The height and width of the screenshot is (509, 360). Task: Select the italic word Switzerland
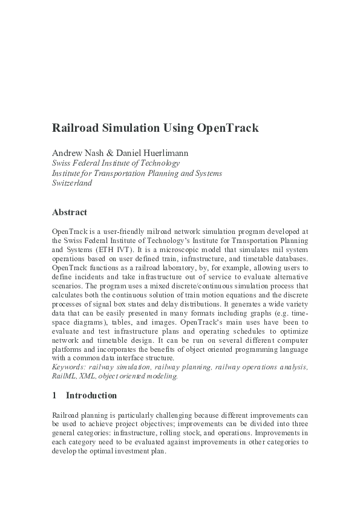(x=72, y=183)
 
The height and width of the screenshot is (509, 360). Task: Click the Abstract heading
(x=70, y=212)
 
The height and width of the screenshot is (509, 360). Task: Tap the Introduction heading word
(x=91, y=395)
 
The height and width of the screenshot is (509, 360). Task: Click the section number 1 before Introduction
(x=54, y=395)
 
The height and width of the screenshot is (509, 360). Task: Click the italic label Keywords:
(x=70, y=367)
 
